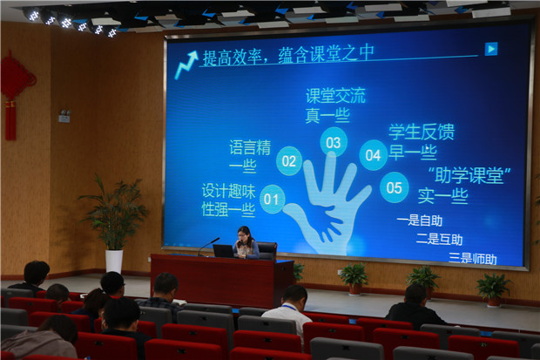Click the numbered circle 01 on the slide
tap(272, 199)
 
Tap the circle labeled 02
tap(289, 161)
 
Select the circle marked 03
tap(334, 142)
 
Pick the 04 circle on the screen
tap(374, 155)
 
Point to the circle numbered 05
tap(395, 187)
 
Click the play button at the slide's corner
tap(491, 49)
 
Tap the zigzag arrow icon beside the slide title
tap(186, 65)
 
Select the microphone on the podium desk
tap(209, 246)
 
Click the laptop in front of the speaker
tap(224, 251)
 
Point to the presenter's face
tap(242, 235)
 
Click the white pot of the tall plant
tap(114, 261)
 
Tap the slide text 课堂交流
tap(335, 96)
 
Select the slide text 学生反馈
tap(422, 132)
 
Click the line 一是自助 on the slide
tap(420, 221)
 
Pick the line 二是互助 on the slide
tap(439, 239)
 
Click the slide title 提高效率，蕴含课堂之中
tap(288, 55)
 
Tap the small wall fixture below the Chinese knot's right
tap(64, 116)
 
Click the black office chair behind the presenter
tap(267, 251)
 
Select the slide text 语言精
tap(250, 147)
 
